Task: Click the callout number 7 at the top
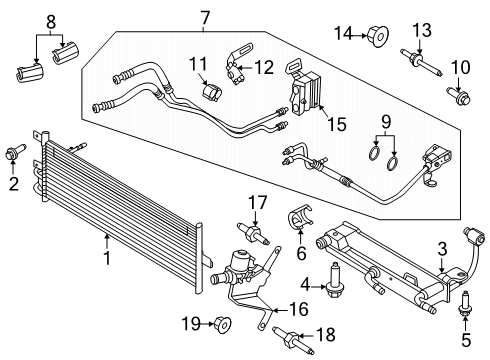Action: (x=205, y=17)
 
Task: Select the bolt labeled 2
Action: (x=13, y=153)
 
